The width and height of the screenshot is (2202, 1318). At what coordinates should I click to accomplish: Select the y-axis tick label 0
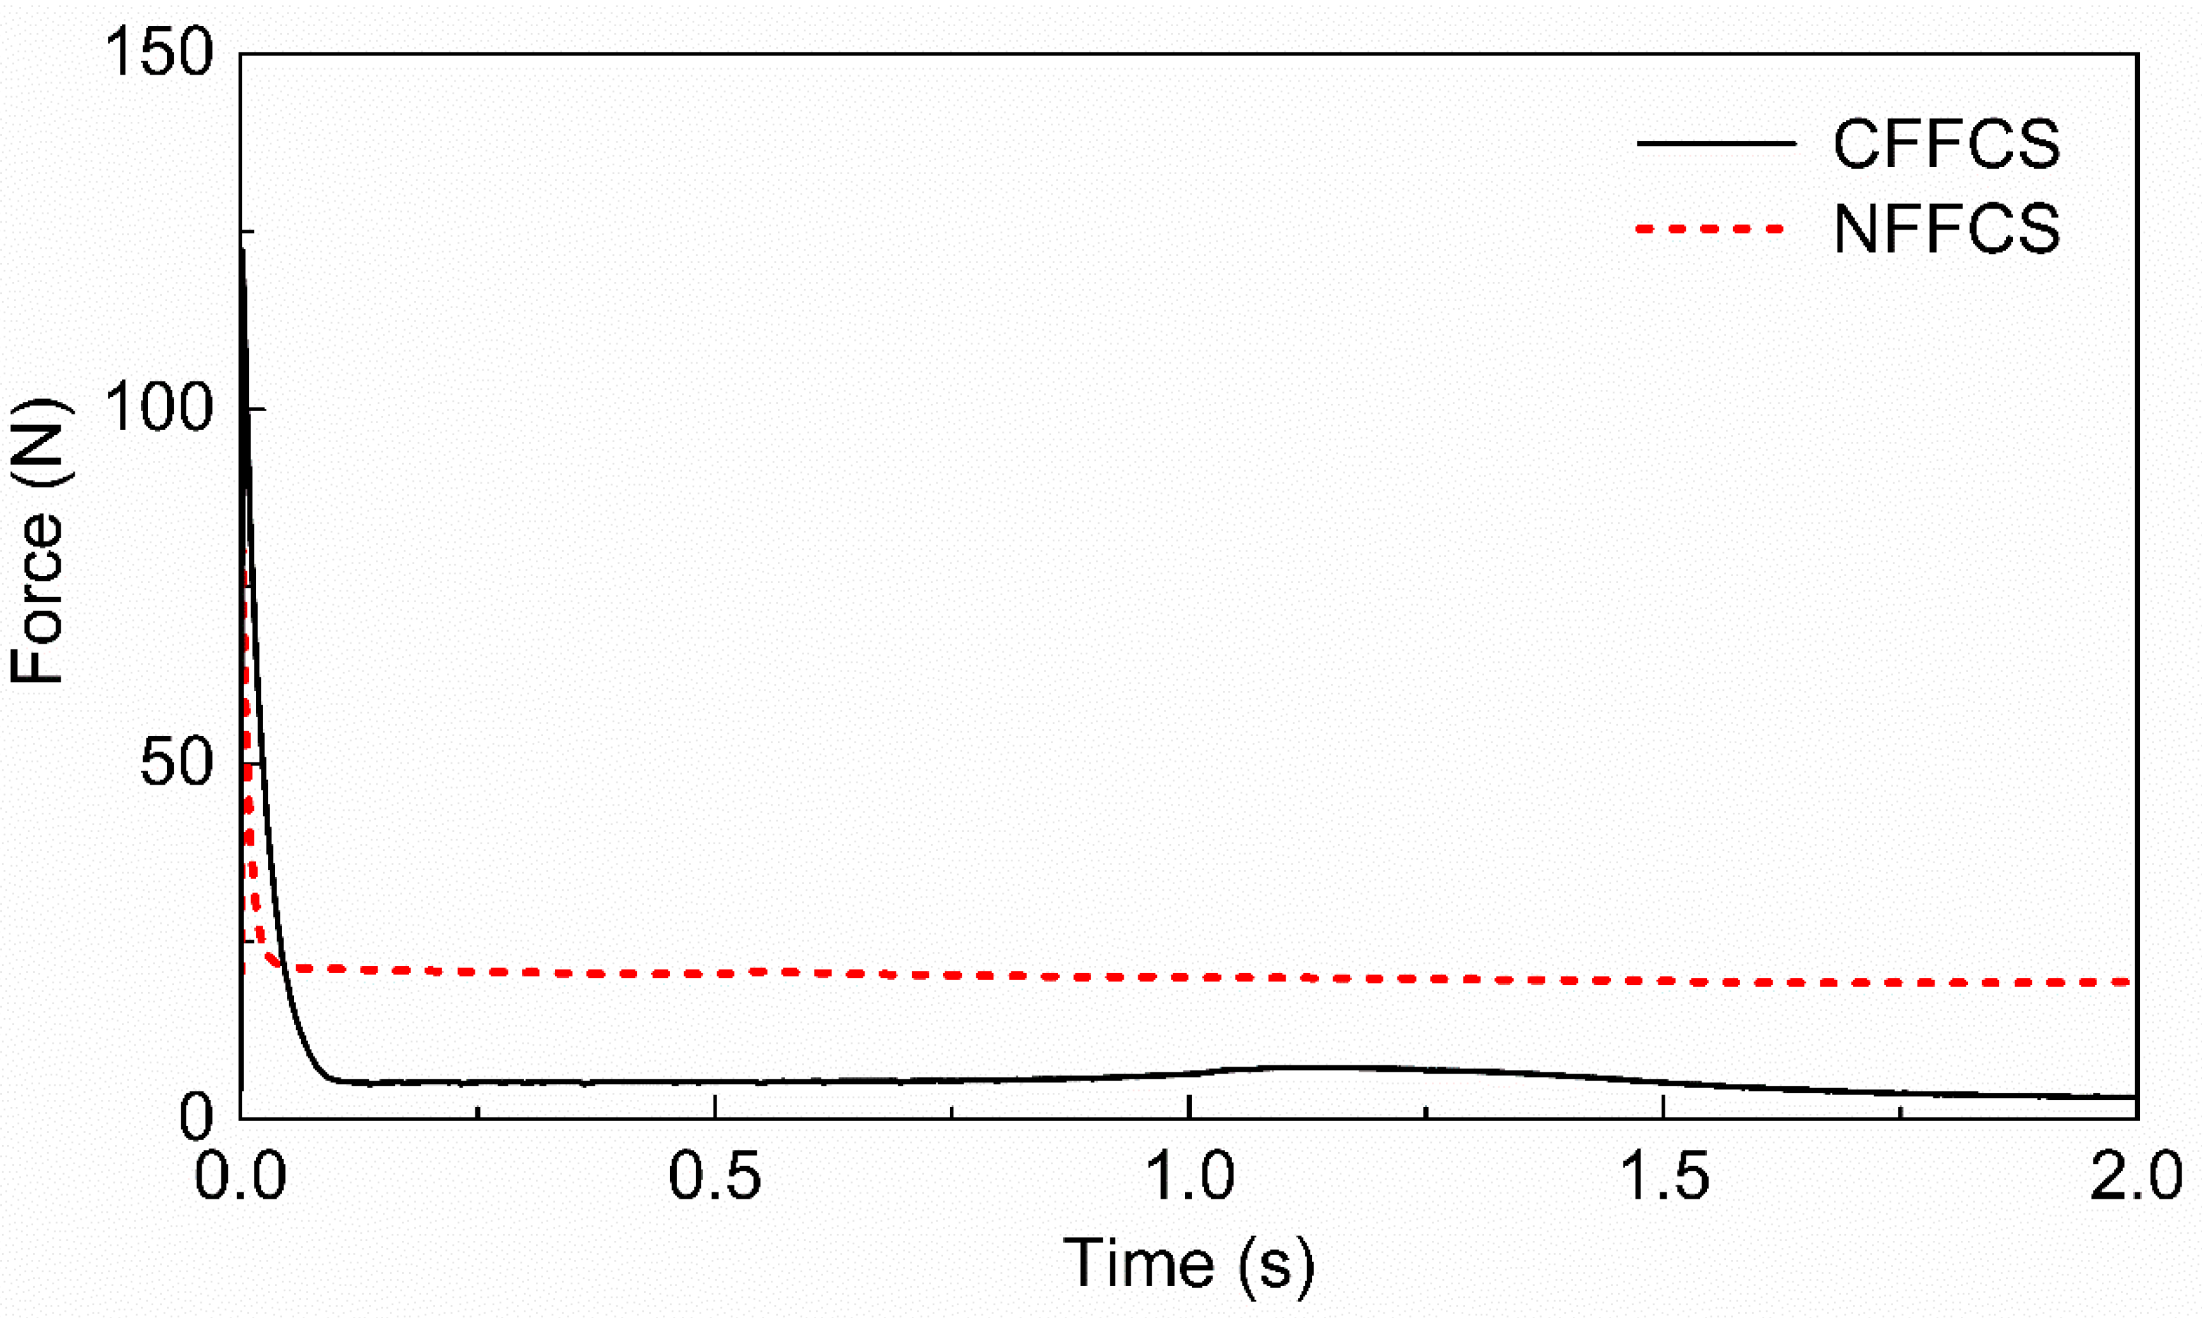197,1117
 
